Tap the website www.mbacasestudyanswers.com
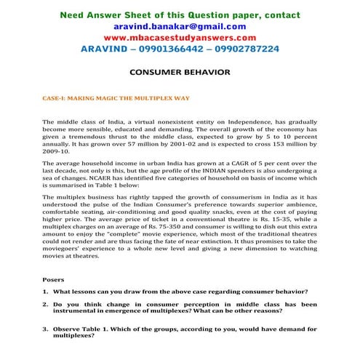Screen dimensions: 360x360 pos(180,37)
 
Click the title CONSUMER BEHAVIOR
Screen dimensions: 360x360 pos(180,73)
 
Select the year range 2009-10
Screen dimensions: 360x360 pos(56,154)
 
